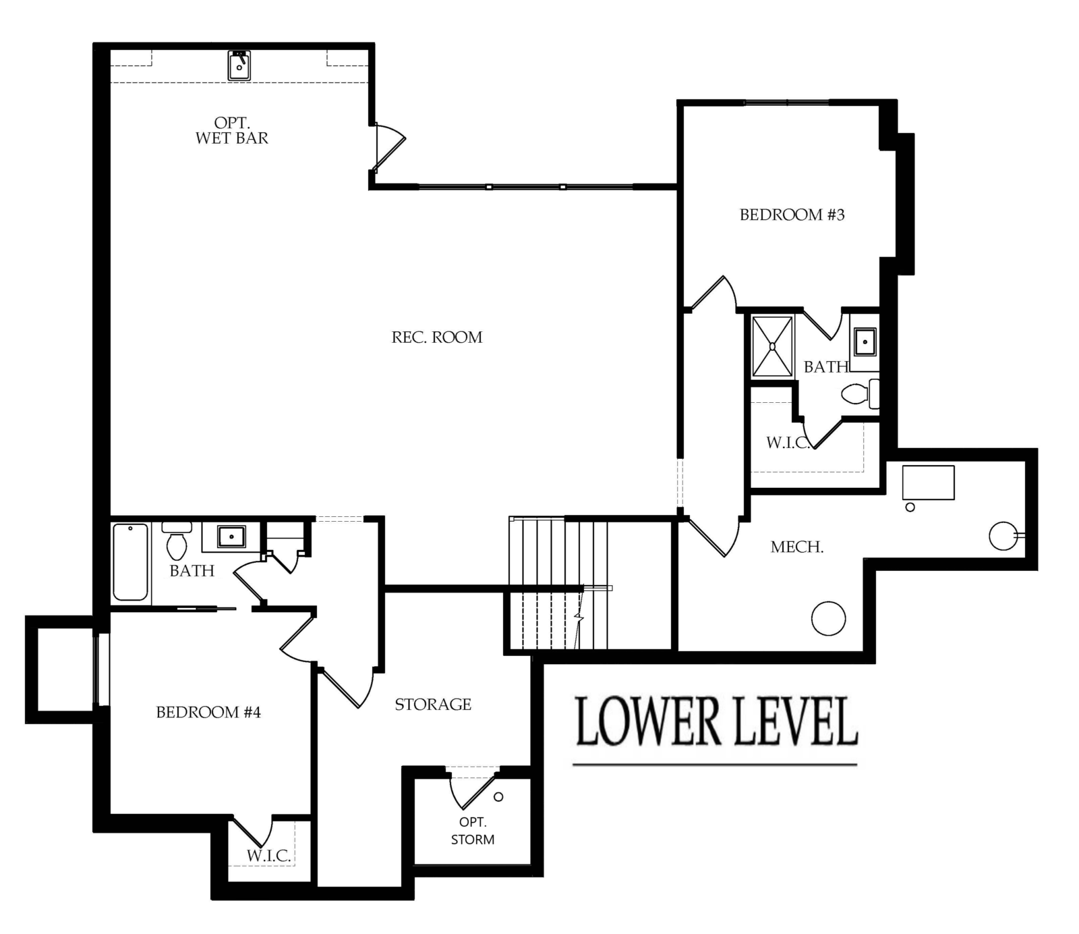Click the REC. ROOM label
[x=437, y=337]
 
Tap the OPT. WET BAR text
[x=232, y=130]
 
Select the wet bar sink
[x=239, y=65]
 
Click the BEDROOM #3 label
[x=792, y=215]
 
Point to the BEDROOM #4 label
[x=208, y=712]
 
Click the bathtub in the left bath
[x=130, y=561]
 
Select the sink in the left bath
[x=231, y=537]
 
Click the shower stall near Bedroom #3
[x=773, y=346]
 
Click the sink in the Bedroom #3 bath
[x=865, y=341]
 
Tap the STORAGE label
[x=433, y=704]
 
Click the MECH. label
[x=796, y=547]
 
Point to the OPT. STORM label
[x=473, y=831]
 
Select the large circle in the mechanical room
[x=828, y=618]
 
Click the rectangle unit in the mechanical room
[x=929, y=483]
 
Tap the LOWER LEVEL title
[x=716, y=722]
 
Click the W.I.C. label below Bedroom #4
[x=268, y=856]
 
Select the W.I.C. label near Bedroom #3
[x=788, y=443]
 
